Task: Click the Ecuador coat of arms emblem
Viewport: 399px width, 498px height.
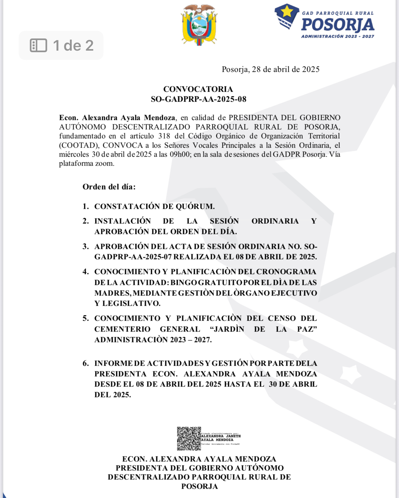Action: point(199,25)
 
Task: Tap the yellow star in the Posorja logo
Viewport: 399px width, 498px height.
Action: point(287,12)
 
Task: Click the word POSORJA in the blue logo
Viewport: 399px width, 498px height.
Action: point(337,25)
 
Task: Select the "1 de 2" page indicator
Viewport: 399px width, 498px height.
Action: point(73,45)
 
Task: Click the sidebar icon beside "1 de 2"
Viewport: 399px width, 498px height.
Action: point(39,45)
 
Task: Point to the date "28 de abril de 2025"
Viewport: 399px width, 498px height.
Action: point(286,69)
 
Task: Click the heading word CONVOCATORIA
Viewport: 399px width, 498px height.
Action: point(198,89)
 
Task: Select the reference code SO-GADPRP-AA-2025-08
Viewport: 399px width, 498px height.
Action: point(198,99)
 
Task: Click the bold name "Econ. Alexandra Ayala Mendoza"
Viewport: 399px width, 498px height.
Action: point(117,118)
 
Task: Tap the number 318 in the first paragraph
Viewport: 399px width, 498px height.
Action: point(164,136)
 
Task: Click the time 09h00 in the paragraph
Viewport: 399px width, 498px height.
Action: point(180,154)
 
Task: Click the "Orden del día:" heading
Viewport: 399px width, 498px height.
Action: point(109,187)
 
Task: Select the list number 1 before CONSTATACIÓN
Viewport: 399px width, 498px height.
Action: point(85,206)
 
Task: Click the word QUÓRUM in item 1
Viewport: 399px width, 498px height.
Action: point(195,206)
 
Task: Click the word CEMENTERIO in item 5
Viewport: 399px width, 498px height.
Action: point(122,329)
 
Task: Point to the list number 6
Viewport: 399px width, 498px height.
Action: point(85,363)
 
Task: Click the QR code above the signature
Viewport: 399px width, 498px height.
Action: point(189,438)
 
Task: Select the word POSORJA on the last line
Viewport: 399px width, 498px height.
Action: point(199,486)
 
